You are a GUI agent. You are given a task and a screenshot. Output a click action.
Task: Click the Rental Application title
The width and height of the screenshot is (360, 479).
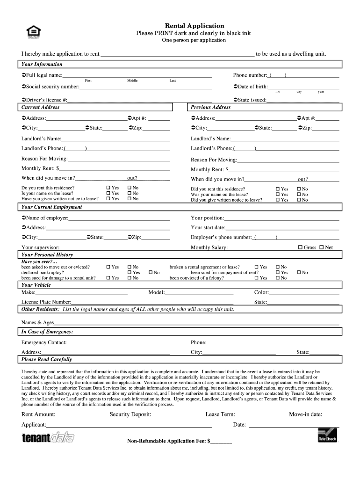(194, 26)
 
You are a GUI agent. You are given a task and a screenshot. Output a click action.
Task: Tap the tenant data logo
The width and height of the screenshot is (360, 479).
(48, 437)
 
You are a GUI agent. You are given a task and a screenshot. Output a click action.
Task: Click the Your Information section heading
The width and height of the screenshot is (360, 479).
(42, 64)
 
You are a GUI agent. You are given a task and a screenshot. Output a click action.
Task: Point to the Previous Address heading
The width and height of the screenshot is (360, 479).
(210, 107)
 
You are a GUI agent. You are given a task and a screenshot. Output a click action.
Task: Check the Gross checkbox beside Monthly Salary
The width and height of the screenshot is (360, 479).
(300, 247)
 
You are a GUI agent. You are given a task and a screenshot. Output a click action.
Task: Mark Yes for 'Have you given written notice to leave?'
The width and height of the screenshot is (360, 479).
(108, 199)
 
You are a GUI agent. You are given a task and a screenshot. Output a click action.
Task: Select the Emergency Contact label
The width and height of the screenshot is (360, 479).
(44, 342)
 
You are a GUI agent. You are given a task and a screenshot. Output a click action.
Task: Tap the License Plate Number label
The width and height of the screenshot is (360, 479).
(46, 302)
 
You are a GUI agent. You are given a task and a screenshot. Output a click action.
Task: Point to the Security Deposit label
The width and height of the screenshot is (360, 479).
(130, 414)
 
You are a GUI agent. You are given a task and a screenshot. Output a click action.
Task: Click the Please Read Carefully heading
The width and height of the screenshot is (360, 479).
(47, 359)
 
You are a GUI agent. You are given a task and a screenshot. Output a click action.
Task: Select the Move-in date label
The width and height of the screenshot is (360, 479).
(305, 414)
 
